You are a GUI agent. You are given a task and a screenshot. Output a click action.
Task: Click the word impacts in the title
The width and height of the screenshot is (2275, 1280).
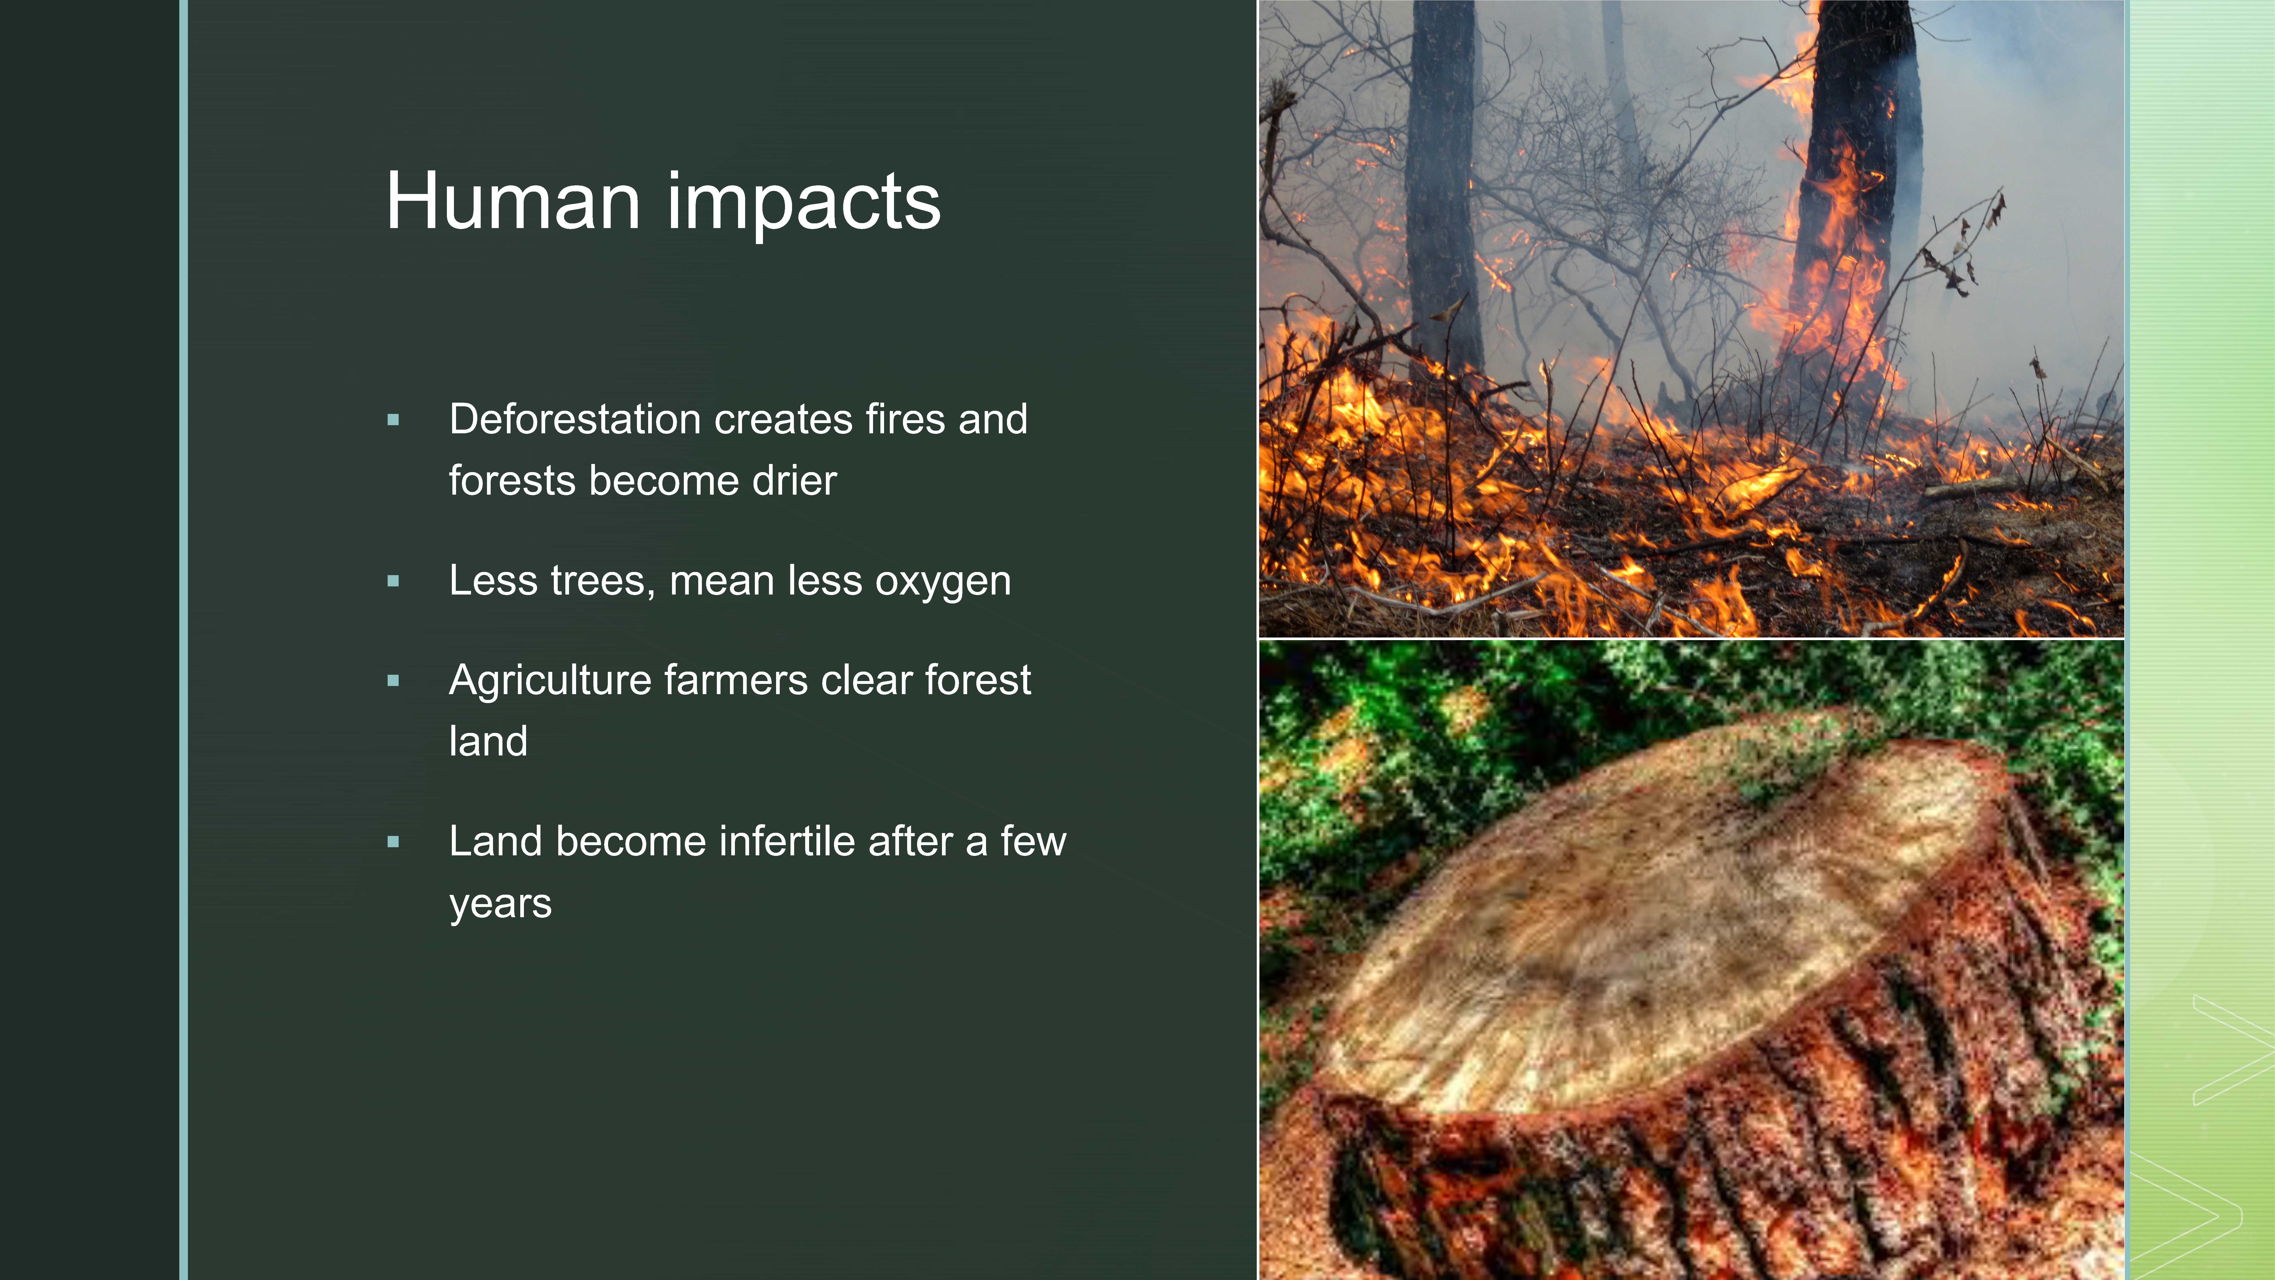804,205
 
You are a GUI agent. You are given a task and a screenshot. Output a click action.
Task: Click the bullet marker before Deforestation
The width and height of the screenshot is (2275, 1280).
393,420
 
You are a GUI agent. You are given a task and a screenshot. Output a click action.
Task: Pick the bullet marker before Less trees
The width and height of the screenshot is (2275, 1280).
393,581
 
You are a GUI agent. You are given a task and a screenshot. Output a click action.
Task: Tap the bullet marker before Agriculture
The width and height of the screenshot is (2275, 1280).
393,681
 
